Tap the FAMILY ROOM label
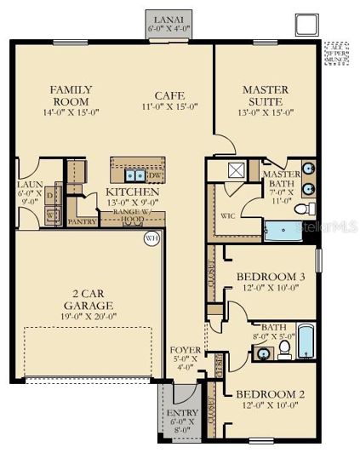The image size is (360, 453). click(x=71, y=95)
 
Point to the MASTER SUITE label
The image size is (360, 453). click(x=265, y=95)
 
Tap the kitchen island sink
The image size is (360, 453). click(x=134, y=175)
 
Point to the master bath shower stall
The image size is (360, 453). click(x=235, y=169)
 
